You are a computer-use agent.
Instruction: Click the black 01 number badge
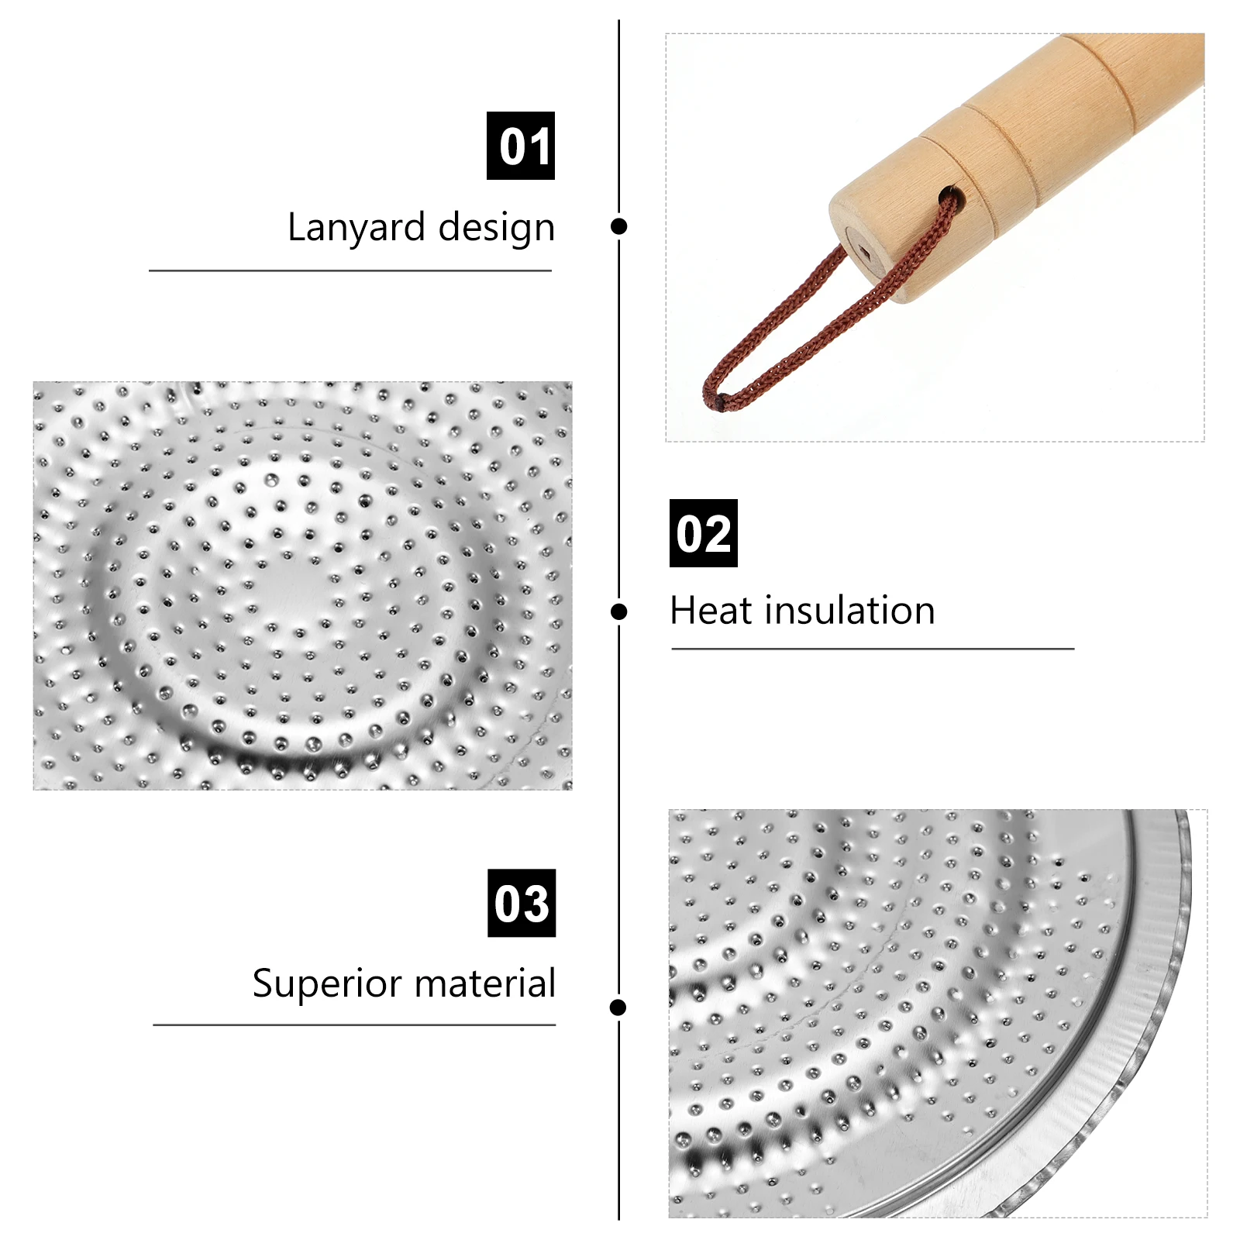pyautogui.click(x=520, y=146)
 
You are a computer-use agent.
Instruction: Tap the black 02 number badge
pyautogui.click(x=703, y=533)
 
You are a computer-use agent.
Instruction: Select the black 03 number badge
pyautogui.click(x=522, y=903)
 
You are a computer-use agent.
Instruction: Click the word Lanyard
pyautogui.click(x=356, y=228)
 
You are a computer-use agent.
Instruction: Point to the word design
pyautogui.click(x=497, y=228)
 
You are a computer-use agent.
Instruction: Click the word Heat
pyautogui.click(x=711, y=611)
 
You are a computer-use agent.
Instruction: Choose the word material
pyautogui.click(x=485, y=983)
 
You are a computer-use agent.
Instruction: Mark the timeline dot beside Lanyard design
pyautogui.click(x=618, y=226)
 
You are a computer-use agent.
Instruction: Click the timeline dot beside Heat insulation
pyautogui.click(x=618, y=612)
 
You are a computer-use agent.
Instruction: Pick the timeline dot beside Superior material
pyautogui.click(x=618, y=1007)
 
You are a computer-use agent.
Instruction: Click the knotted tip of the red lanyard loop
pyautogui.click(x=720, y=401)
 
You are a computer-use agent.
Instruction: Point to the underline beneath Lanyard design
pyautogui.click(x=350, y=270)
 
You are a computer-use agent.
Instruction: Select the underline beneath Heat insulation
pyautogui.click(x=872, y=649)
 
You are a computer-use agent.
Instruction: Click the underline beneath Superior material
pyautogui.click(x=354, y=1025)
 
